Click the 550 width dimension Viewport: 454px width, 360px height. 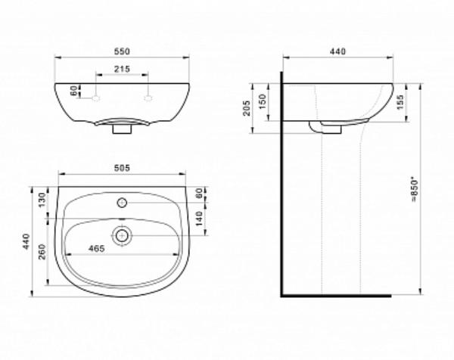[122, 51]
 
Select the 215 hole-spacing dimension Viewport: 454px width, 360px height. [122, 69]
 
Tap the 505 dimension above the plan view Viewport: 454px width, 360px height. [122, 168]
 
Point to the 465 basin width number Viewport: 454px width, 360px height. [96, 249]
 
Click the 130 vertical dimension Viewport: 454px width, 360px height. [42, 200]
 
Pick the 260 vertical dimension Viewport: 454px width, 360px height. [42, 252]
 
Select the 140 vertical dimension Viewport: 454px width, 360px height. [199, 219]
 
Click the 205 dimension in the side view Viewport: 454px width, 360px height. [247, 108]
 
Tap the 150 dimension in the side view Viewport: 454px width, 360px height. [263, 101]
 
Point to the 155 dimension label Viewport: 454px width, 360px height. [400, 102]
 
